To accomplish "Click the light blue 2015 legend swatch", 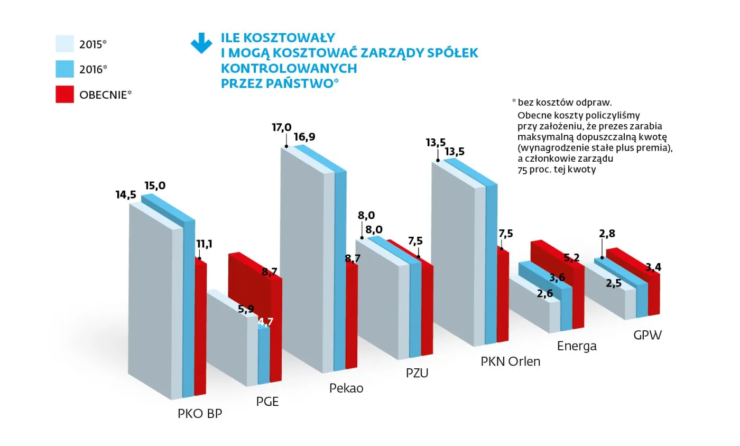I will pos(64,44).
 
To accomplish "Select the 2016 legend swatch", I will pos(64,69).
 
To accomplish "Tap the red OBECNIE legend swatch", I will pos(64,94).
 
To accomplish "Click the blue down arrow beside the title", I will pos(201,43).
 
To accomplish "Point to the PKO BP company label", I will pos(200,413).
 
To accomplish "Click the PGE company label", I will pos(267,401).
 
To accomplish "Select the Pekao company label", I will pos(346,388).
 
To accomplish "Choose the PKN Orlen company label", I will pos(511,362).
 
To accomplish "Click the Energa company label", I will pos(577,346).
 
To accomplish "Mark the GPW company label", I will pos(647,335).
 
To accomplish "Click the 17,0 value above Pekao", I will pos(281,127).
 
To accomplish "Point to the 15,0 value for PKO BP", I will pos(155,185).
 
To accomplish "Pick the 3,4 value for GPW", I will pos(653,267).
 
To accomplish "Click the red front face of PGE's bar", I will pos(275,328).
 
